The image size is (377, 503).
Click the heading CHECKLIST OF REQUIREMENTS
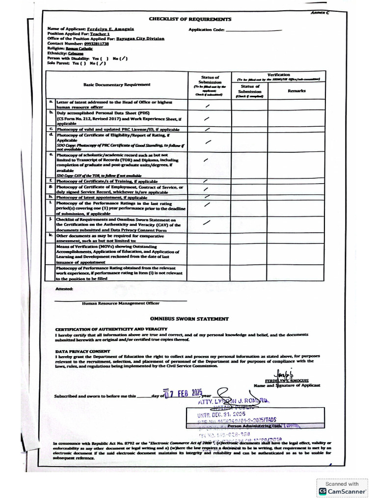pos(190,19)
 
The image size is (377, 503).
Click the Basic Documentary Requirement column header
pos(117,84)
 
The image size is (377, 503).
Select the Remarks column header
pos(296,91)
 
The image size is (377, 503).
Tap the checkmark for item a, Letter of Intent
pos(208,106)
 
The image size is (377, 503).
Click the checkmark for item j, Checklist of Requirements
pos(208,223)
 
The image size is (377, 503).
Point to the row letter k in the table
pos(51,235)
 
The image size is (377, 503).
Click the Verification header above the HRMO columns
pos(278,74)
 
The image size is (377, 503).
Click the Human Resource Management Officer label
pos(120,304)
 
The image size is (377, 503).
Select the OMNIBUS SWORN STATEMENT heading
pos(189,319)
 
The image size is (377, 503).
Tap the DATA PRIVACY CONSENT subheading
pos(82,351)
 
